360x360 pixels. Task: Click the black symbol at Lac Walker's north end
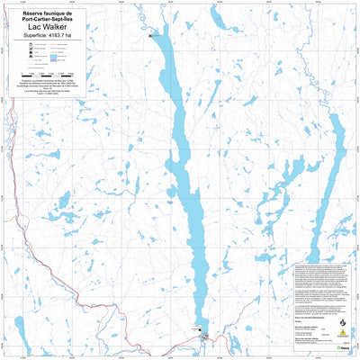[151, 35]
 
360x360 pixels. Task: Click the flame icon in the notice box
[341, 319]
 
